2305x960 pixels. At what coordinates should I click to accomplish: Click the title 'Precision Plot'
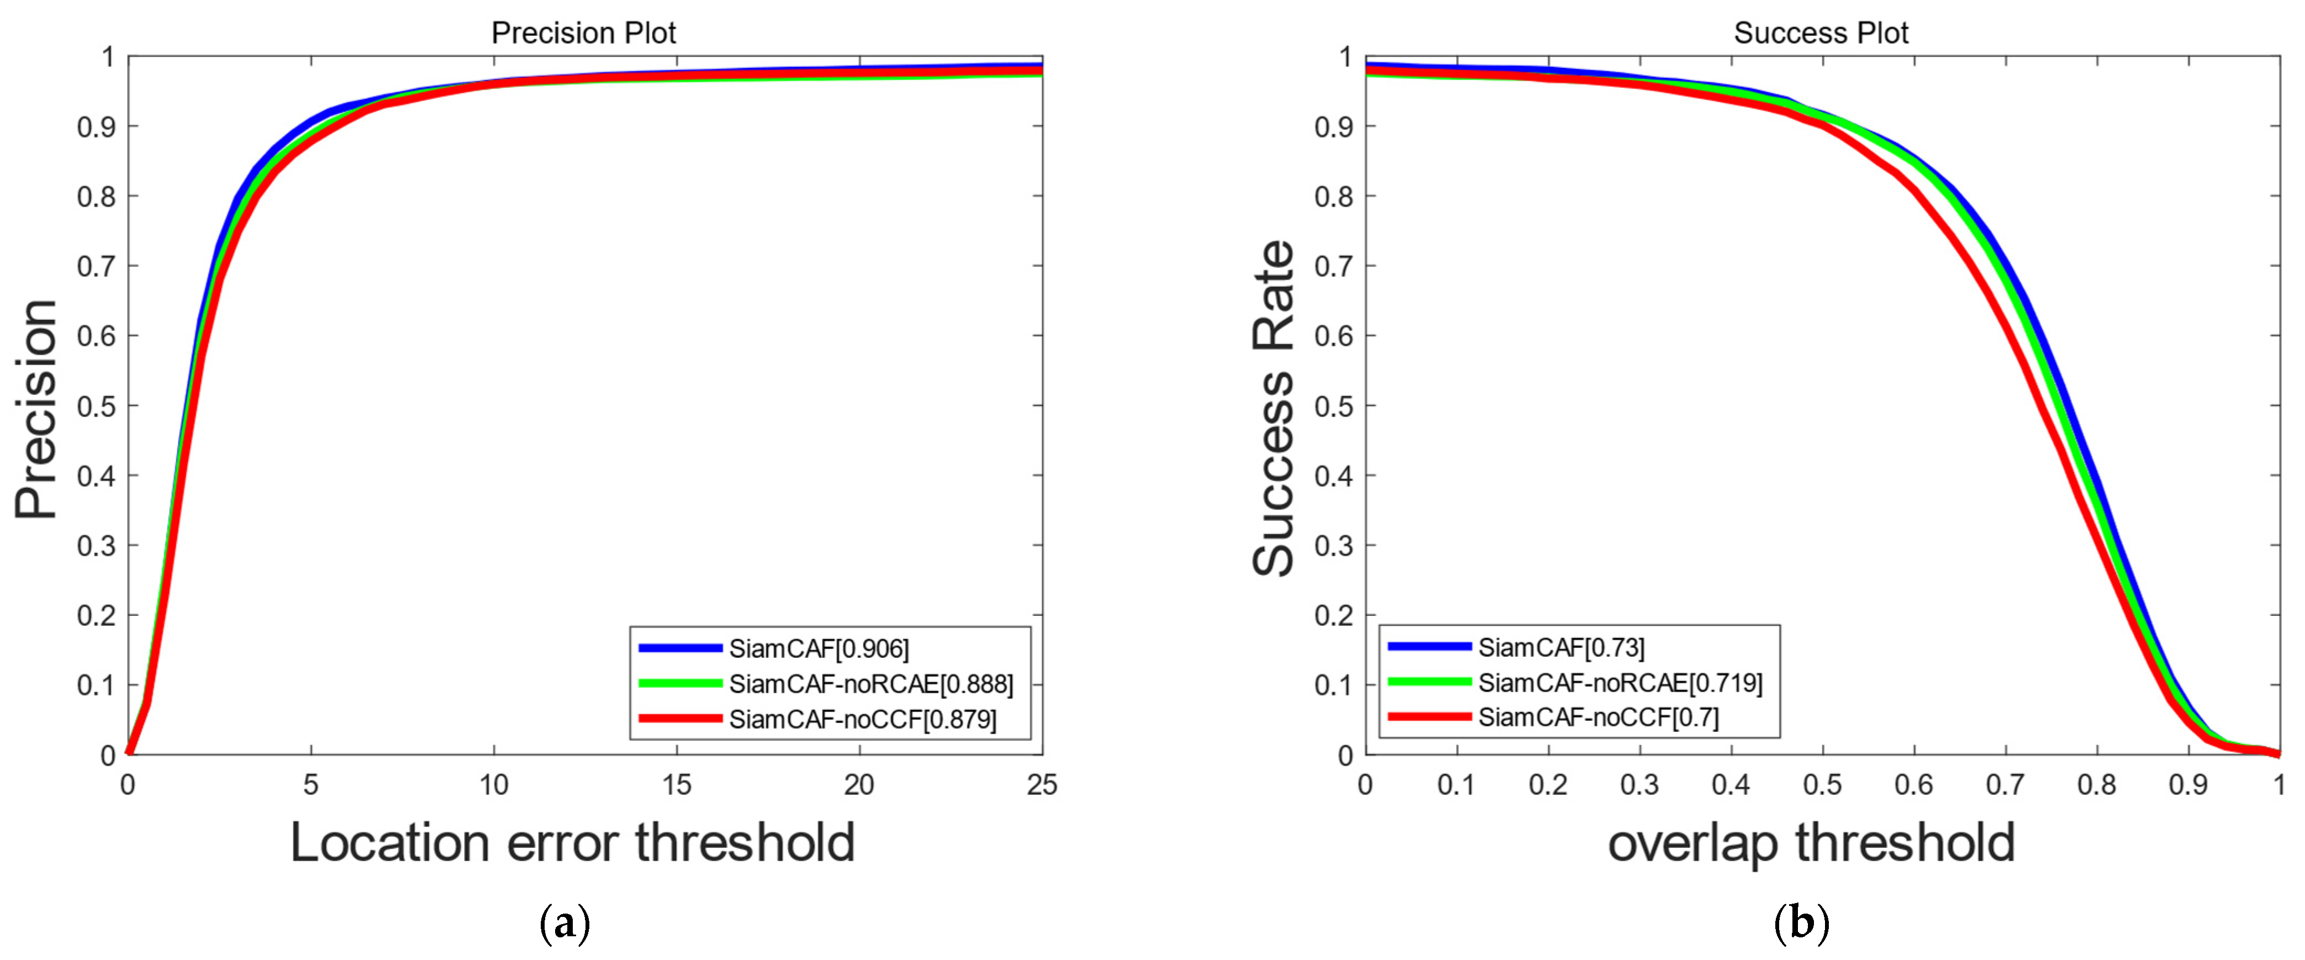click(x=583, y=33)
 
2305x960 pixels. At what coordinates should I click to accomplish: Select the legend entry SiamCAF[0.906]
click(x=818, y=648)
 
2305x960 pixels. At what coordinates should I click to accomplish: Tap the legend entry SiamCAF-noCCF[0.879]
click(x=862, y=719)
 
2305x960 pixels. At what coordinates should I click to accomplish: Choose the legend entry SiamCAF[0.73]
click(x=1560, y=647)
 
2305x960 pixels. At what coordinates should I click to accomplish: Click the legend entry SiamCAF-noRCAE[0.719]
click(x=1620, y=683)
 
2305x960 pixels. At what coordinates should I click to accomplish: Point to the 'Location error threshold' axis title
click(x=573, y=843)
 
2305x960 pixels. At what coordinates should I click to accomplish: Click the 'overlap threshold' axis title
click(x=1811, y=843)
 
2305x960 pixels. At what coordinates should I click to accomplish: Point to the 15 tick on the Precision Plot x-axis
click(x=677, y=785)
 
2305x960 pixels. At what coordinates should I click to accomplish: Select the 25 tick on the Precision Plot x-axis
click(x=1042, y=785)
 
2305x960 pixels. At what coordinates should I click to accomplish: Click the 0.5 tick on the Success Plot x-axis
click(x=1822, y=785)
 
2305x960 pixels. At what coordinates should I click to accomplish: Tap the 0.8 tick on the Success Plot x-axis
click(x=2097, y=785)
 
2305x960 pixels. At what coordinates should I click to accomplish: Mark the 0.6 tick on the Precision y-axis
click(x=96, y=336)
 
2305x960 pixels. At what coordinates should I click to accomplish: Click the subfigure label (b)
click(x=1801, y=924)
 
